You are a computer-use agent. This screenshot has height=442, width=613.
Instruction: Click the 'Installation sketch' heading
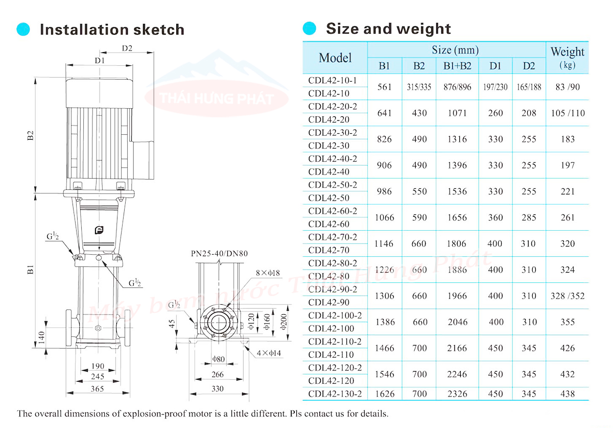(111, 30)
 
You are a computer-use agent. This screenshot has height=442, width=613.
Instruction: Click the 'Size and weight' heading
(388, 29)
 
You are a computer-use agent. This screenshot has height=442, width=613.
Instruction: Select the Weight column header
(567, 57)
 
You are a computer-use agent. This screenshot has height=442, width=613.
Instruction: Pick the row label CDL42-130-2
(335, 394)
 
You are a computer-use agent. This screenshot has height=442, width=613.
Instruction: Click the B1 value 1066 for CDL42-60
(384, 217)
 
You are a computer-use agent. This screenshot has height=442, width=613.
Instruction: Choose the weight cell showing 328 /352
(567, 296)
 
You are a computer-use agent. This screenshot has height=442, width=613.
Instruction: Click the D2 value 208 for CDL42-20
(529, 113)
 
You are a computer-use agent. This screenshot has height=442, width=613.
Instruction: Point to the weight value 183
(567, 139)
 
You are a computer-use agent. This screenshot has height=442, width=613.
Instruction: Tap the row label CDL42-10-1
(332, 80)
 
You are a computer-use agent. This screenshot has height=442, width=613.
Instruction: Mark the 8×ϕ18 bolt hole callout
(268, 273)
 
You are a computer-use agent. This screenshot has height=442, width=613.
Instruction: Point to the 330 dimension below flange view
(218, 389)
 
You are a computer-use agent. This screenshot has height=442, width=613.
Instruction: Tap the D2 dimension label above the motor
(127, 48)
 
